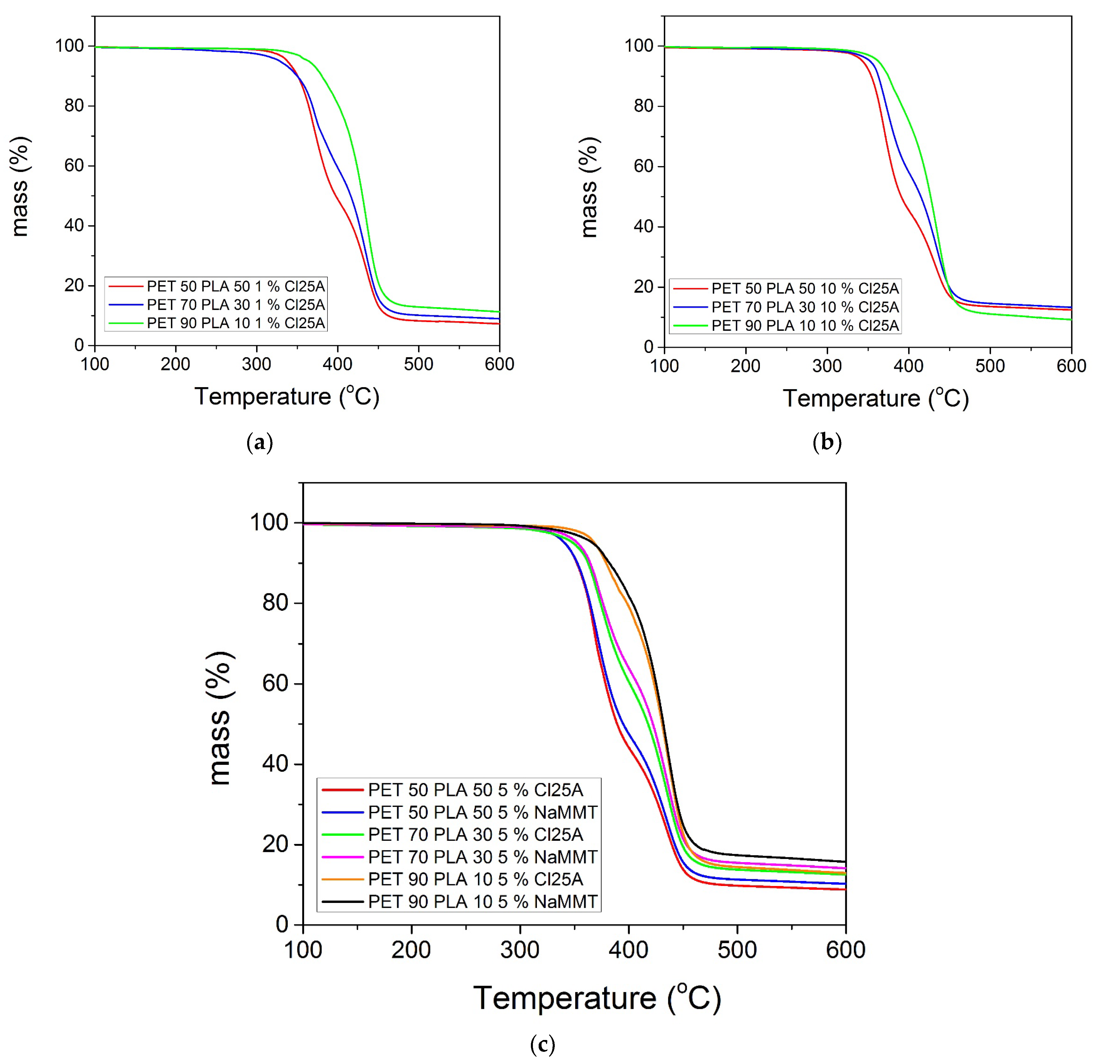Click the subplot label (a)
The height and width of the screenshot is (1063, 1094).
(x=260, y=443)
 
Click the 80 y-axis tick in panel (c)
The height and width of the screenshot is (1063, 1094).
(x=275, y=603)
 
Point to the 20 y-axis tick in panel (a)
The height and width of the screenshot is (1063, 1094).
(x=74, y=285)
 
